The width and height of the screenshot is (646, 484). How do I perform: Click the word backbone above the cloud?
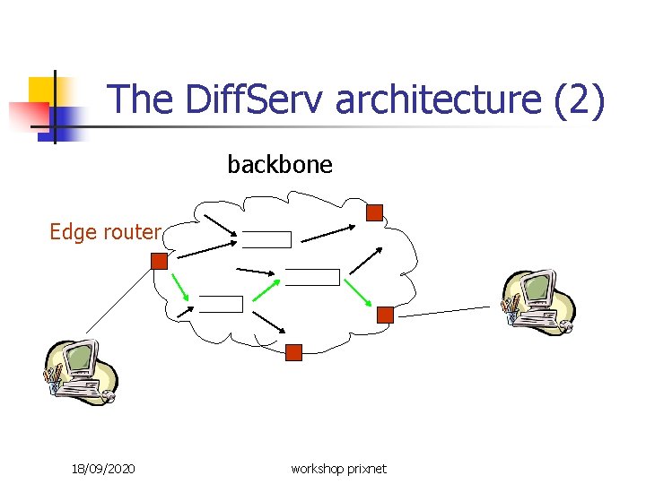click(280, 165)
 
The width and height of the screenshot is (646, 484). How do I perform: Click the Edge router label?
click(105, 232)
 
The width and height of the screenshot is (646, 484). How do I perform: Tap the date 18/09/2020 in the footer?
click(103, 469)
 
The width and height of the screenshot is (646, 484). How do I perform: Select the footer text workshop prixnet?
click(338, 469)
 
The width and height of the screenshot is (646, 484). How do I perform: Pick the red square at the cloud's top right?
click(375, 212)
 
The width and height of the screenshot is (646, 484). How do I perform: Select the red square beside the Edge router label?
click(159, 261)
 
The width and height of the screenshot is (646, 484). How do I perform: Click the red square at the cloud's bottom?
click(293, 352)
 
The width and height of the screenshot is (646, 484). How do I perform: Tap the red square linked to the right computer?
click(385, 315)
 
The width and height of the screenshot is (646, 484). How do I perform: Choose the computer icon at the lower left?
click(80, 373)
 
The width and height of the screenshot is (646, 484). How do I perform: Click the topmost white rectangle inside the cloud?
click(268, 239)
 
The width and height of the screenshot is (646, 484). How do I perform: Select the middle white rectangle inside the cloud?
click(312, 277)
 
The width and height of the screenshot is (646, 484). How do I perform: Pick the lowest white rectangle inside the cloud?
click(221, 304)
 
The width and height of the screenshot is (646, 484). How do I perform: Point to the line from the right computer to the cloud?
click(444, 310)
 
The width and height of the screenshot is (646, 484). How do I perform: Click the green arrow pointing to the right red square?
click(358, 291)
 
